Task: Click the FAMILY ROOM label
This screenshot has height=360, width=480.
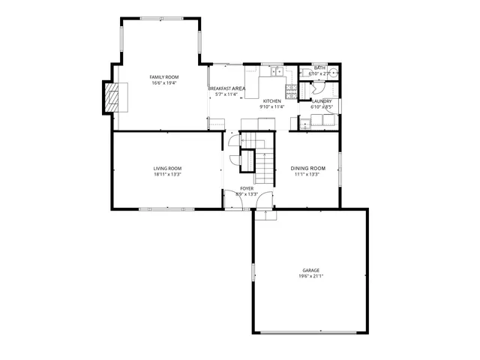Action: tap(163, 77)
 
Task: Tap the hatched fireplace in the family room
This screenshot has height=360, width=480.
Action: tap(111, 97)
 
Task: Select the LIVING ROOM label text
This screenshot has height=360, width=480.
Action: tap(168, 168)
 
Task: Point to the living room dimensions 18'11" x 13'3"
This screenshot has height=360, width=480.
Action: tap(168, 174)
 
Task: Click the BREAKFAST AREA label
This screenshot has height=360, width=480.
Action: tap(226, 88)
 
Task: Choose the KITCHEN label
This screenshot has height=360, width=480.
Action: tap(271, 100)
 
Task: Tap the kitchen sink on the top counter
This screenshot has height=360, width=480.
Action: tap(277, 72)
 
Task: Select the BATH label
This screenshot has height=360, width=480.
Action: tap(319, 67)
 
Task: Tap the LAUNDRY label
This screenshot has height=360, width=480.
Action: tap(322, 100)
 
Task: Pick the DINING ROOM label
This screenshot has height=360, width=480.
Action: tap(307, 168)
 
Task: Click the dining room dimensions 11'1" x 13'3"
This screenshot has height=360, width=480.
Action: tap(307, 174)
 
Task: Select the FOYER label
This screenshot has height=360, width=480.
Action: tap(247, 188)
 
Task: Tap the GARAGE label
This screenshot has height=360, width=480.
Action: tap(310, 270)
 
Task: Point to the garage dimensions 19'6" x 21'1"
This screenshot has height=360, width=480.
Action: tap(310, 276)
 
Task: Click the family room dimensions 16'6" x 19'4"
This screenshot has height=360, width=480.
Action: tap(163, 83)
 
